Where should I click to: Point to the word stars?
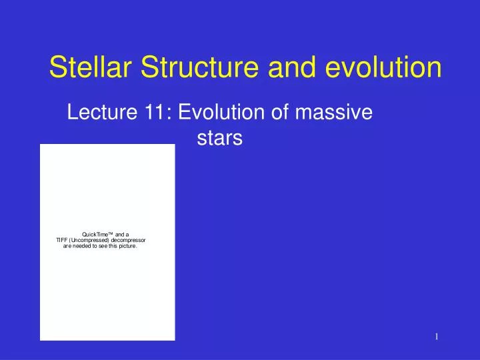[x=219, y=139]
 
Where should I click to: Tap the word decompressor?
[x=131, y=240]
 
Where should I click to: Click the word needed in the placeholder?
[x=83, y=246]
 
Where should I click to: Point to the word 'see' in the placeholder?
[x=103, y=246]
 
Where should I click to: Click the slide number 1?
[x=436, y=337]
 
